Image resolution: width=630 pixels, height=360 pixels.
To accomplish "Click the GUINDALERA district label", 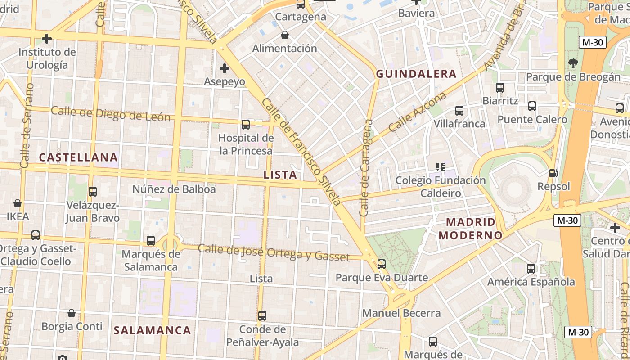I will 416,74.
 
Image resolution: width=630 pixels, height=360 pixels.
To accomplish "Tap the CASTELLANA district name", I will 78,157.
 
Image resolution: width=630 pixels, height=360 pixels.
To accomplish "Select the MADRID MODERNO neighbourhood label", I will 470,229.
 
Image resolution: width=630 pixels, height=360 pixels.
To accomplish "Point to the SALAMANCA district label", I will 152,330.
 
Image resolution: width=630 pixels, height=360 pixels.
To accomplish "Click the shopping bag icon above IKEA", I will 18,203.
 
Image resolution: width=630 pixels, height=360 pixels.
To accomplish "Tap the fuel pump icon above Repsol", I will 553,173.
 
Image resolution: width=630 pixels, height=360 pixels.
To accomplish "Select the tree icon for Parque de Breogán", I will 573,63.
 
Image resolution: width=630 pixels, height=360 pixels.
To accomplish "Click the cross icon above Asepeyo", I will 224,68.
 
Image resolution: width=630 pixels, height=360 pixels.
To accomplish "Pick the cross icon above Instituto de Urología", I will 47,39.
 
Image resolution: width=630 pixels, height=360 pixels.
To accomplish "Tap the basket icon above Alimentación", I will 284,35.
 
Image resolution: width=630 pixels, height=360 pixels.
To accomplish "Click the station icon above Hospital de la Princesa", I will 246,125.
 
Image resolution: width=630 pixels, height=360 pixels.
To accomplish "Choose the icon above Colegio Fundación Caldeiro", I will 441,167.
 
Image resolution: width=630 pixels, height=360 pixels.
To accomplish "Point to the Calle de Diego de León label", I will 111,114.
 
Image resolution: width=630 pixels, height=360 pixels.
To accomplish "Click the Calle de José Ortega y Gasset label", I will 274,252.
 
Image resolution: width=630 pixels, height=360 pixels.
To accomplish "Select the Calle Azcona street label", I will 417,112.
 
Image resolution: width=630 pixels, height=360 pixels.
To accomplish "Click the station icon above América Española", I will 531,269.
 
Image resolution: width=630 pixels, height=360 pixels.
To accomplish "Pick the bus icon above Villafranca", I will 459,110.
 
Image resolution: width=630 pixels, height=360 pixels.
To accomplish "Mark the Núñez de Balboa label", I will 174,189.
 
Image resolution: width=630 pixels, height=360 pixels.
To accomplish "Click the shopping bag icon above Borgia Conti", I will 72,313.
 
